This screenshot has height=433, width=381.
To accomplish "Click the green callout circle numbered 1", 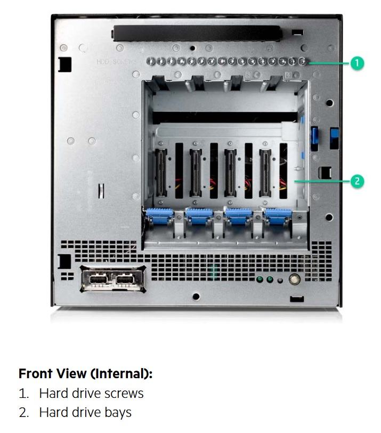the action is tap(357, 63).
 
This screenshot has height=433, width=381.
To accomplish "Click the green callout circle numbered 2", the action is tap(357, 181).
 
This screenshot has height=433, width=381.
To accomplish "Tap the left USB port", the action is tap(99, 280).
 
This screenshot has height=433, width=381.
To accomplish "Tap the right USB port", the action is tap(125, 280).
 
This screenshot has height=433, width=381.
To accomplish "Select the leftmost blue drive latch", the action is tap(159, 216).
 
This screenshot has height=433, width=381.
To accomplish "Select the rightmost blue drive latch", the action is tap(278, 216).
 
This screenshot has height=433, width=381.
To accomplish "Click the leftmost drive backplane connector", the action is tap(161, 173).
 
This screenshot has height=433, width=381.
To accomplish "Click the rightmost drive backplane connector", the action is tap(265, 173).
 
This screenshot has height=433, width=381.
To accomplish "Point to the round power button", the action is tap(294, 279).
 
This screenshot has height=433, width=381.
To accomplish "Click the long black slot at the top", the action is tap(197, 34).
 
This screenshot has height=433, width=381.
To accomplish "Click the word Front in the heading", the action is tap(35, 374).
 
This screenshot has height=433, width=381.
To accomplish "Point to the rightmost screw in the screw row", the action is tap(303, 61).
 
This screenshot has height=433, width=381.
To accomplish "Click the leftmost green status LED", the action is tap(260, 280).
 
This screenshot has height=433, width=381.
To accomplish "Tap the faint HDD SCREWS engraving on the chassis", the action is tap(116, 62).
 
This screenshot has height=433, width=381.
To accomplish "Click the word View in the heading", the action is tap(71, 374).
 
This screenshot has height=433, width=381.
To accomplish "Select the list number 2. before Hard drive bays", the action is tap(24, 412).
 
